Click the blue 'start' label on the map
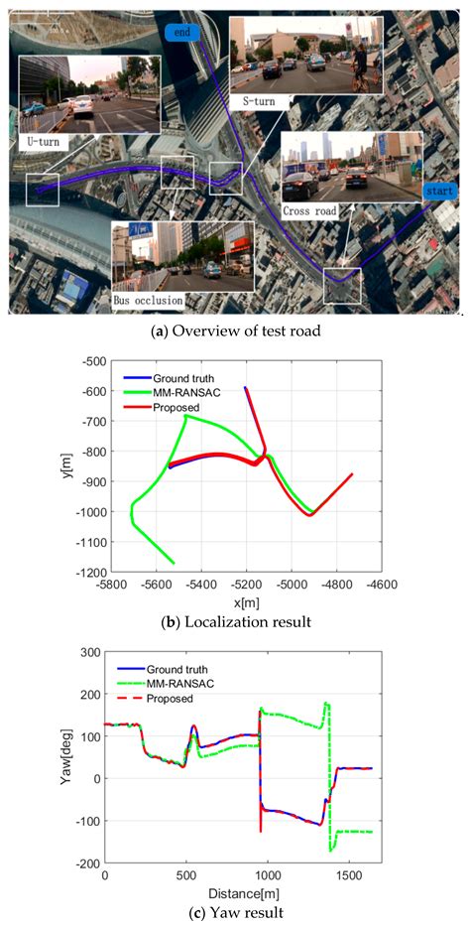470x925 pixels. coord(437,190)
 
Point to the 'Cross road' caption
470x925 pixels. coord(309,210)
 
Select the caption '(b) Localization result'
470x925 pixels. coord(234,622)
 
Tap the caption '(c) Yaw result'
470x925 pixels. coord(234,912)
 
